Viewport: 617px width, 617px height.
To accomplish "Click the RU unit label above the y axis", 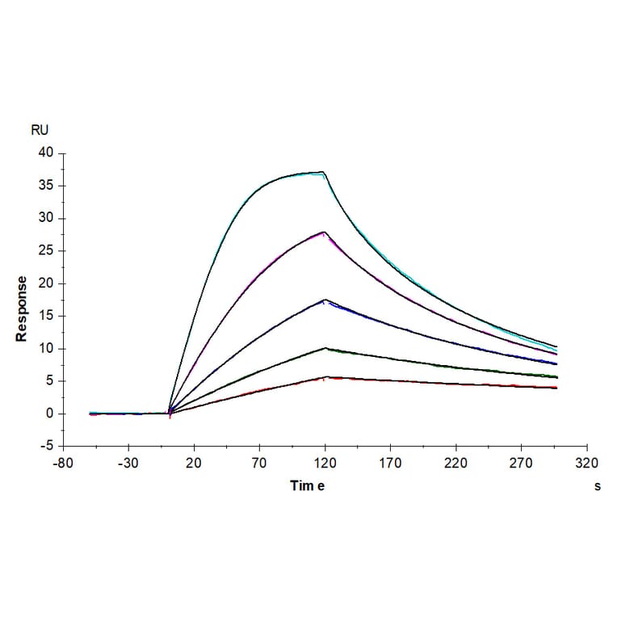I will click(40, 129).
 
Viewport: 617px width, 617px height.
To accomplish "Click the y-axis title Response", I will click(22, 308).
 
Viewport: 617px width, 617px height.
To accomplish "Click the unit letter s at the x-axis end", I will click(597, 486).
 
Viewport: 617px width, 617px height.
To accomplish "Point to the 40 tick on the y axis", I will click(46, 153).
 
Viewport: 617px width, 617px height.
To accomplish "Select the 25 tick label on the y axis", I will click(46, 250).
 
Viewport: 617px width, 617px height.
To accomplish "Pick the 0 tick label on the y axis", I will click(50, 413).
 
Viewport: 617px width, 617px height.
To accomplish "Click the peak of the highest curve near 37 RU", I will click(323, 171).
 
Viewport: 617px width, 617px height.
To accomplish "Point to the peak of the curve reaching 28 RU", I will click(324, 232).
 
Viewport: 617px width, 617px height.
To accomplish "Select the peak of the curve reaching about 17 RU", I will click(325, 300).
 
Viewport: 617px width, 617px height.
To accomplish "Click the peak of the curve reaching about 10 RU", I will click(325, 348).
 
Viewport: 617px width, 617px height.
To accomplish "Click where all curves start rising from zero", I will click(169, 413).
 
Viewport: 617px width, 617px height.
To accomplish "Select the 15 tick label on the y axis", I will click(46, 316).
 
